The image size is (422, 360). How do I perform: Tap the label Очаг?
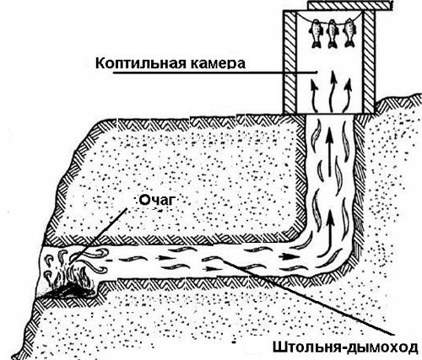157,200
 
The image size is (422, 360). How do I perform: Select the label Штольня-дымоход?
345,348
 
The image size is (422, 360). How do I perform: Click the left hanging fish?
316,33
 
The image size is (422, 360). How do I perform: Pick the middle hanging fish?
333,33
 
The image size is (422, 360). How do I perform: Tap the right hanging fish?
349,33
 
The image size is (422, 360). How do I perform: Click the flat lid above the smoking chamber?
350,5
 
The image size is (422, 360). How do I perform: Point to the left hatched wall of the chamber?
289,62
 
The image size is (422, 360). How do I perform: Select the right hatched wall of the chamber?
368,62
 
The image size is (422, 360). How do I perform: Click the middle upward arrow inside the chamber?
333,91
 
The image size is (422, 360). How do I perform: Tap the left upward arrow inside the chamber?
315,95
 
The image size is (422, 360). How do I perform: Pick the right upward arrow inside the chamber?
349,94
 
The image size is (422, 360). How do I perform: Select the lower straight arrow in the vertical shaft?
330,225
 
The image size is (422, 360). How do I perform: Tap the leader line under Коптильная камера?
215,73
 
